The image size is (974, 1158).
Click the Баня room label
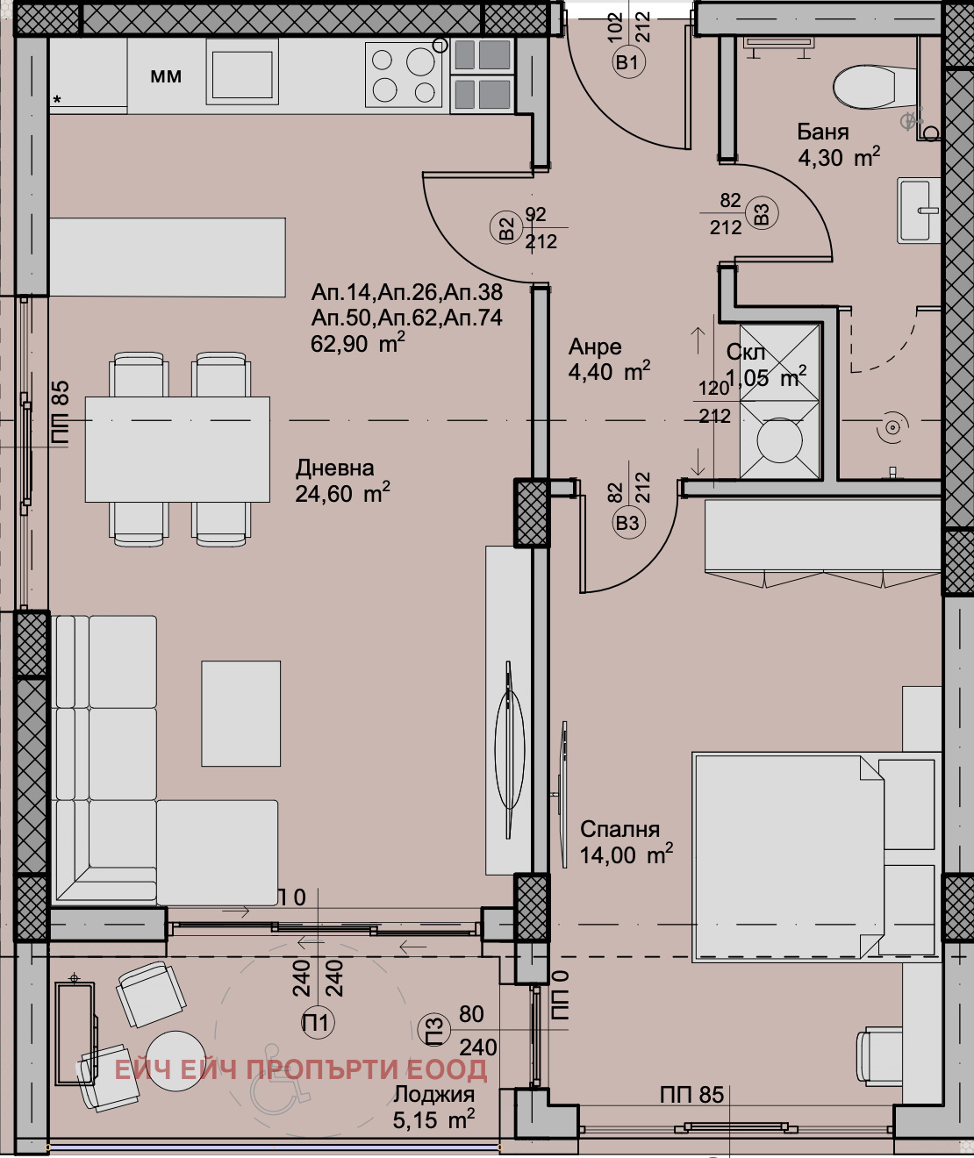(x=822, y=132)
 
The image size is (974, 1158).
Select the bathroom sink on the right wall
(x=918, y=210)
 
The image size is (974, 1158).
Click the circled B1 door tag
(x=627, y=62)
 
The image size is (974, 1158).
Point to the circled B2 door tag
(x=506, y=229)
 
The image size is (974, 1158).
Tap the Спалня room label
(x=619, y=829)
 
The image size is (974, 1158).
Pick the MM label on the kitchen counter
(x=166, y=76)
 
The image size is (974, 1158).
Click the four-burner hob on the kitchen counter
(x=405, y=75)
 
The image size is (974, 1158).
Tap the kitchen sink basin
(x=242, y=75)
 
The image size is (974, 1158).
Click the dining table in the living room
(x=177, y=449)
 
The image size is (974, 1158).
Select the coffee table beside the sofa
(x=241, y=713)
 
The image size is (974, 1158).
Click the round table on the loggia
(x=175, y=1061)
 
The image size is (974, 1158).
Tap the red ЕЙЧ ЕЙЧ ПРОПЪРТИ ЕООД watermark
(x=301, y=1069)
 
